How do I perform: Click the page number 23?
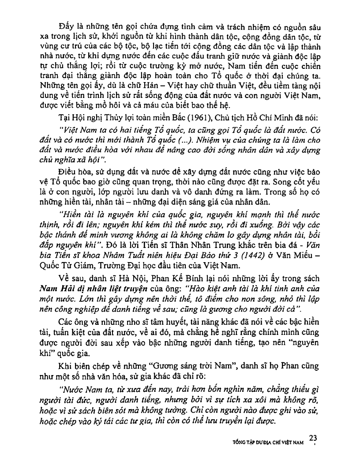(x=313, y=438)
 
